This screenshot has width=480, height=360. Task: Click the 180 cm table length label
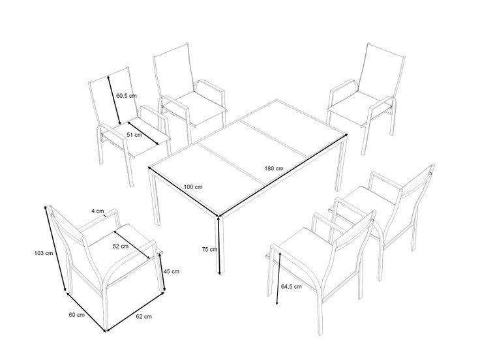(274, 168)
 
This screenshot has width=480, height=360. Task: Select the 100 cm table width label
(193, 187)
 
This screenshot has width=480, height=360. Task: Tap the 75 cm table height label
(209, 250)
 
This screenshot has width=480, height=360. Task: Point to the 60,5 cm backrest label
(127, 96)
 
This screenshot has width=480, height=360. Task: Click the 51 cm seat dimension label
(134, 135)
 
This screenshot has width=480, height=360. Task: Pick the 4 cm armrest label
(98, 211)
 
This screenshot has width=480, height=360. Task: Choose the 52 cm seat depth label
(121, 246)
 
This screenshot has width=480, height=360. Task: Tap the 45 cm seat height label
(172, 271)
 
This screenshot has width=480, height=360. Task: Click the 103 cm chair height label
(44, 253)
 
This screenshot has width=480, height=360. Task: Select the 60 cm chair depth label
(76, 315)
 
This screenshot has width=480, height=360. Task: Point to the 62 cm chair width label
(143, 316)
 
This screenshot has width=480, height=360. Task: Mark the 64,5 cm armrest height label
(291, 286)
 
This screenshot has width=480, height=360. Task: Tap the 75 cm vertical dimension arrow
(219, 245)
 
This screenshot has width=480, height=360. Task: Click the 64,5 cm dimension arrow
(278, 278)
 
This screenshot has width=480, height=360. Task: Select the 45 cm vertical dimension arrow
(162, 272)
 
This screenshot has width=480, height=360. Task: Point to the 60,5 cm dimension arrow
(113, 100)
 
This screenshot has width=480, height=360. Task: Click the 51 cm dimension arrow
(143, 133)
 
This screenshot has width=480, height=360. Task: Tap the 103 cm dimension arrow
(55, 248)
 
